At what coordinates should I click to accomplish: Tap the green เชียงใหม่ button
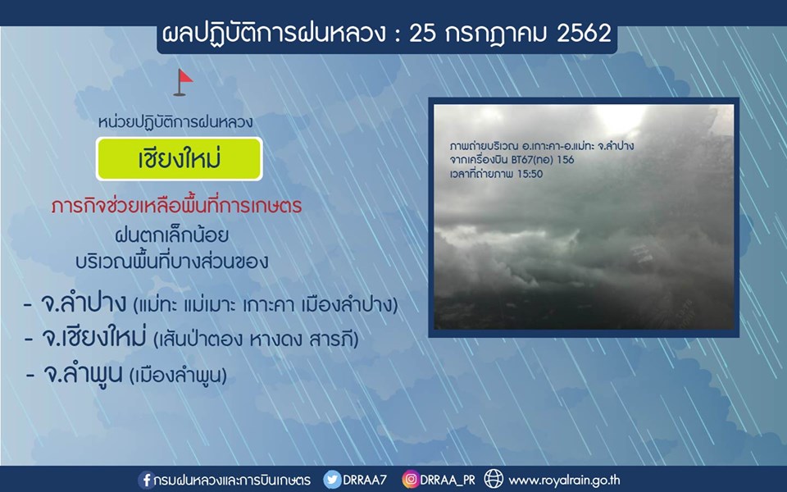180,159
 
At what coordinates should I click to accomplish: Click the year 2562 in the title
584,34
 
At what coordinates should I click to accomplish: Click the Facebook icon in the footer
146,480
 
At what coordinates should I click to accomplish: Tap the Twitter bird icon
332,480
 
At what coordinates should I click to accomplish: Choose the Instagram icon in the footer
410,480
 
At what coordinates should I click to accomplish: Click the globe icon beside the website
494,480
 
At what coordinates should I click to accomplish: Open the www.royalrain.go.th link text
564,481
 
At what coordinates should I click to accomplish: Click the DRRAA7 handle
365,480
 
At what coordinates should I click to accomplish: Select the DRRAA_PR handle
448,480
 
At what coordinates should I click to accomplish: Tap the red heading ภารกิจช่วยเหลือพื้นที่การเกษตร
177,206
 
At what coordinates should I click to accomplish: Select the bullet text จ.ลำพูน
83,373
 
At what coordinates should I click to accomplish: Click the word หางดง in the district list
275,339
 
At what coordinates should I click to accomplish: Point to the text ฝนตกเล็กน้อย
171,235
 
